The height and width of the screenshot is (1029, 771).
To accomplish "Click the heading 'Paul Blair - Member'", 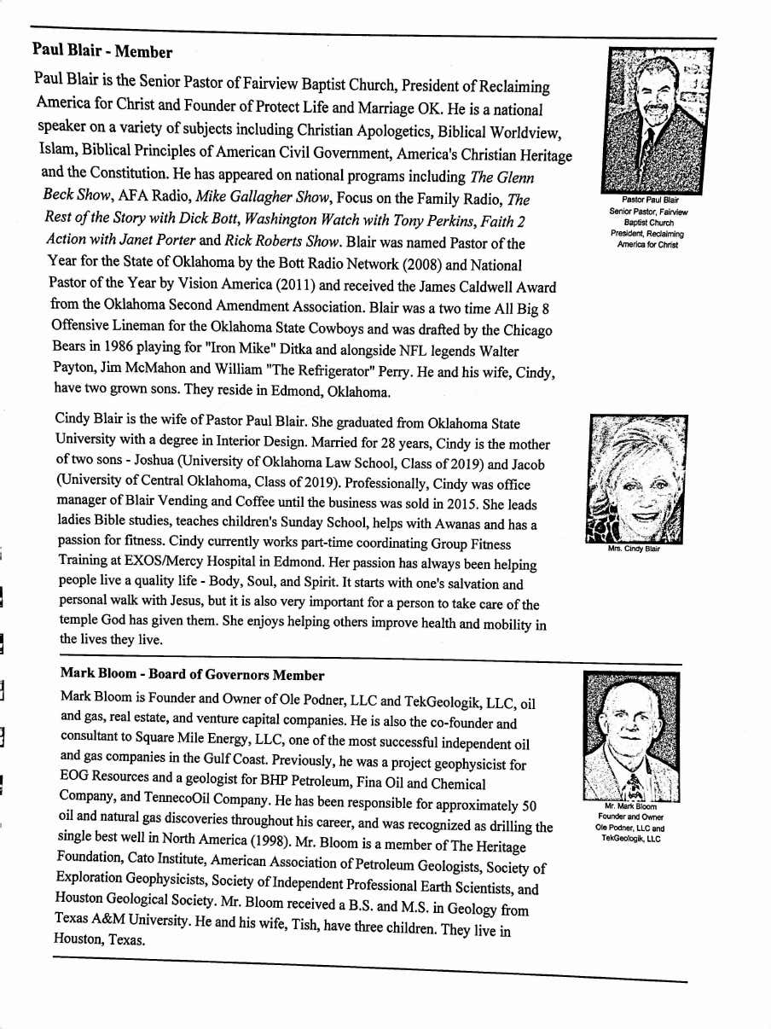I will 102,50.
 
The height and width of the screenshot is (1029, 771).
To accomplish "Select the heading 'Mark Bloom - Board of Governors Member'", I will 192,674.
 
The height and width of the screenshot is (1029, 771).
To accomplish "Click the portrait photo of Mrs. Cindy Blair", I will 637,480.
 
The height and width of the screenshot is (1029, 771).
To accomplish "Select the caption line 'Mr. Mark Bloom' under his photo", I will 630,806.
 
